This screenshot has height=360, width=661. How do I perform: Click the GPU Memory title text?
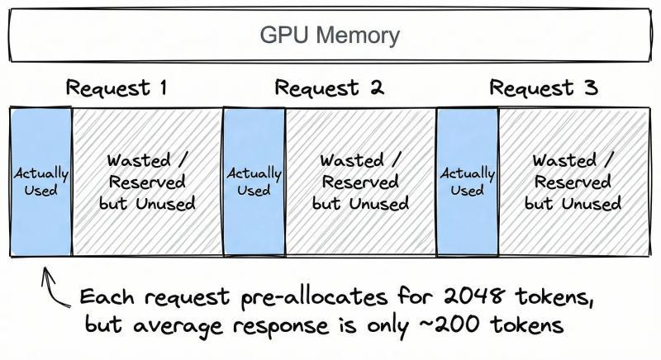click(330, 36)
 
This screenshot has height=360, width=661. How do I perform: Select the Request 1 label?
click(117, 88)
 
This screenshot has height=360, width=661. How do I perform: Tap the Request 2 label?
click(329, 88)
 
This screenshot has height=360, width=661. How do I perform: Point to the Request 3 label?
click(543, 88)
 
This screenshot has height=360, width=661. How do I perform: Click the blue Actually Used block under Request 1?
click(40, 181)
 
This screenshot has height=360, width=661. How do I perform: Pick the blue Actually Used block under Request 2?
click(254, 181)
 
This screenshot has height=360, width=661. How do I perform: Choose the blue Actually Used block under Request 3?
click(467, 181)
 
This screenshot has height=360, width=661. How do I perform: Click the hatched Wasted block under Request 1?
click(146, 181)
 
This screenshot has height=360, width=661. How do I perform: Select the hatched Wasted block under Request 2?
click(360, 181)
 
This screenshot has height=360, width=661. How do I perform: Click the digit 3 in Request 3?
click(589, 88)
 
